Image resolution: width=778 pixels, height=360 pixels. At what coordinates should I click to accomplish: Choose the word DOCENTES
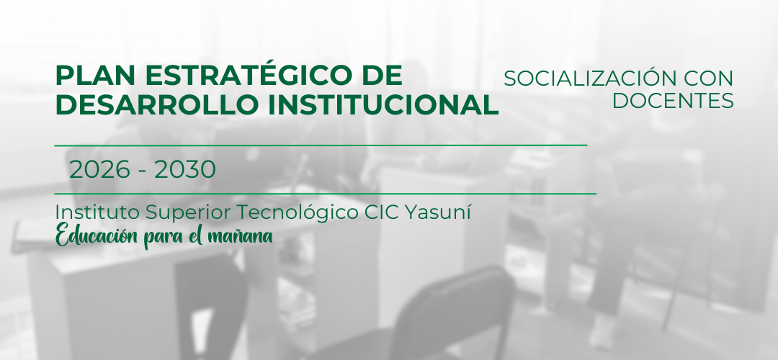point(673,101)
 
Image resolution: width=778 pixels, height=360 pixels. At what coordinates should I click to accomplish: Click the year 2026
point(99,170)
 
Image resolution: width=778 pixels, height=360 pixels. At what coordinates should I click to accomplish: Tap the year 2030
point(185,170)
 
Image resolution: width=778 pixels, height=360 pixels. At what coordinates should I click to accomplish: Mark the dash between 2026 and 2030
point(143,171)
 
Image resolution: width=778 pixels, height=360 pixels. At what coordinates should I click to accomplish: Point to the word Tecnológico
point(295,213)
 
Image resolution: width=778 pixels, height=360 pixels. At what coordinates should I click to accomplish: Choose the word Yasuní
point(439,212)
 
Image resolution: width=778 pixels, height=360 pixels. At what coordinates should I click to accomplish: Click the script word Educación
point(97,235)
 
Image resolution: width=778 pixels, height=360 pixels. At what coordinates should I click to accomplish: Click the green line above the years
point(321,145)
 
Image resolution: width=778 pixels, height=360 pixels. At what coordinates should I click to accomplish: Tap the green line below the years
point(326,194)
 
